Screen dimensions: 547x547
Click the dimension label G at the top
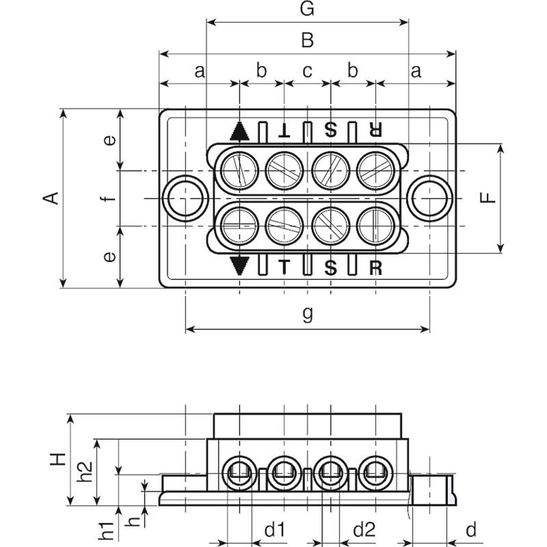(307, 9)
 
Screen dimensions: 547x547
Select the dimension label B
(307, 40)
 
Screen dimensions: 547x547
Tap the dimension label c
(307, 71)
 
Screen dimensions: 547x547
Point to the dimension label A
(51, 198)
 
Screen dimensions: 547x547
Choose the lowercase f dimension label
(109, 198)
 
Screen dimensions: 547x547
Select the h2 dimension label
(85, 472)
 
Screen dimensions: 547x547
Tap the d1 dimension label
(275, 530)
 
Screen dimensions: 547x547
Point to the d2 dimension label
(364, 530)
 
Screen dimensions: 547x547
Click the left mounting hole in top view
(185, 198)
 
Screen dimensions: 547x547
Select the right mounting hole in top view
(430, 198)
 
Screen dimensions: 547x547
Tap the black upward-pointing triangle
(239, 132)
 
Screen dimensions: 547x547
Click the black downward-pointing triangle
(239, 266)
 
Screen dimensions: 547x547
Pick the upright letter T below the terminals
(284, 267)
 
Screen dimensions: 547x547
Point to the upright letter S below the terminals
(330, 268)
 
